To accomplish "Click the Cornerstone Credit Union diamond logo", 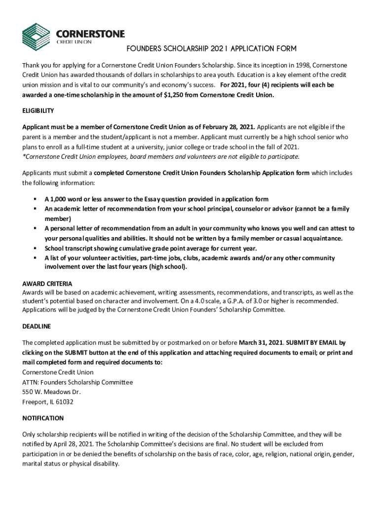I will point(36,36).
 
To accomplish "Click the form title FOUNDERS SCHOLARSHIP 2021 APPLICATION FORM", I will point(211,49).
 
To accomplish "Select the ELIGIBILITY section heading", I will point(38,110).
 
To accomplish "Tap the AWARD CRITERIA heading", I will point(47,284).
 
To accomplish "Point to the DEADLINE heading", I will point(37,326).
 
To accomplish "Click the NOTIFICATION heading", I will point(43,418).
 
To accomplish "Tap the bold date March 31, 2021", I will point(261,342).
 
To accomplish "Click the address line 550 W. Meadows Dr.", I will point(51,392).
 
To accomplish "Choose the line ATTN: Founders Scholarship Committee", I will point(77,382).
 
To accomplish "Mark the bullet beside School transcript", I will point(36,248).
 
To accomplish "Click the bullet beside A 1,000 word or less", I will point(36,199).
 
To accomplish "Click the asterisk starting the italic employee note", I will point(24,157).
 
